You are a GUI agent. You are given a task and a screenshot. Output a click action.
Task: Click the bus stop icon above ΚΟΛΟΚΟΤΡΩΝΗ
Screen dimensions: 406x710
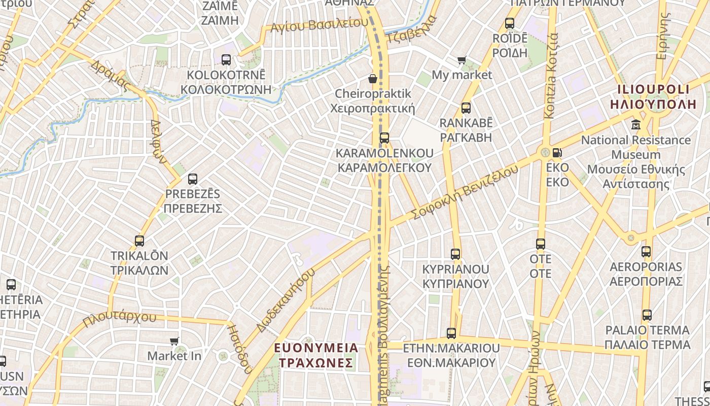coord(226,60)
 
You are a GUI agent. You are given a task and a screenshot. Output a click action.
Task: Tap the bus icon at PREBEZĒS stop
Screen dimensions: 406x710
coord(193,179)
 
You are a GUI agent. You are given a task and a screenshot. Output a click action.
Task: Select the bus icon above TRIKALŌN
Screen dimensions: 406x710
coord(139,241)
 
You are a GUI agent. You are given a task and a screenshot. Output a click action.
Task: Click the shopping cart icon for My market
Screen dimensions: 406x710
coord(461,60)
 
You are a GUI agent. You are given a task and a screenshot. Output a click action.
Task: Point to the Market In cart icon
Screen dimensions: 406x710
coord(174,341)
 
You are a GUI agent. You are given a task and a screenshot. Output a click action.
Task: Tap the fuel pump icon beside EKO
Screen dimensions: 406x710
coord(557,152)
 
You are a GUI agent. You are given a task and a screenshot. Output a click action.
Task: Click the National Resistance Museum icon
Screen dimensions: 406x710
coord(636,124)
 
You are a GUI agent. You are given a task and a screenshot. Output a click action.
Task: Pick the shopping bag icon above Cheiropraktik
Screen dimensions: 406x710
coord(373,79)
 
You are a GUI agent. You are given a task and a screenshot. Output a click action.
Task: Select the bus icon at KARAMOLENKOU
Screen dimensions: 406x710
coord(384,138)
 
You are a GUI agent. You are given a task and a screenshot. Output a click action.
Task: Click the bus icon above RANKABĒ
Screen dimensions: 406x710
coord(466,108)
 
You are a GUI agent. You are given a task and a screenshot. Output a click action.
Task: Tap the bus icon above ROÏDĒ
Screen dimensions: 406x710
coord(510,23)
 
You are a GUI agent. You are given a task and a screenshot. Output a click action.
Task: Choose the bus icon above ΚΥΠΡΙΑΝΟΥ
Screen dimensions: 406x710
coord(455,254)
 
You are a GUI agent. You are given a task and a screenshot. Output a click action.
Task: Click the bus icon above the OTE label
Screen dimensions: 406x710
coord(541,244)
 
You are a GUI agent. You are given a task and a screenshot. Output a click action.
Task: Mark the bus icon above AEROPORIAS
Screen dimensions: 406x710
coord(646,251)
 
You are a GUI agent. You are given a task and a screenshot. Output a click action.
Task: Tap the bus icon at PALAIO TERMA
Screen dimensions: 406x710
coord(647,315)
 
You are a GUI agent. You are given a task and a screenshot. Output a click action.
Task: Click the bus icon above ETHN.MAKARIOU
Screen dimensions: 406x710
coord(451,333)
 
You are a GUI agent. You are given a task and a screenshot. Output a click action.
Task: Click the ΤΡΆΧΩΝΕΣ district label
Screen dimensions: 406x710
coord(315,363)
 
